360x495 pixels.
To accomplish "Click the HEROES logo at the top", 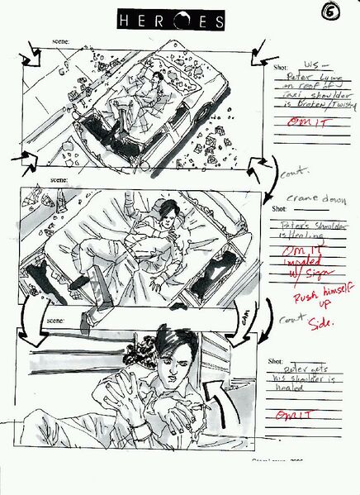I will pos(170,21).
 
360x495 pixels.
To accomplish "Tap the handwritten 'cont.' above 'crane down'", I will pos(293,176).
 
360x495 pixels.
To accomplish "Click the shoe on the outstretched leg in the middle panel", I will pos(78,283).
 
